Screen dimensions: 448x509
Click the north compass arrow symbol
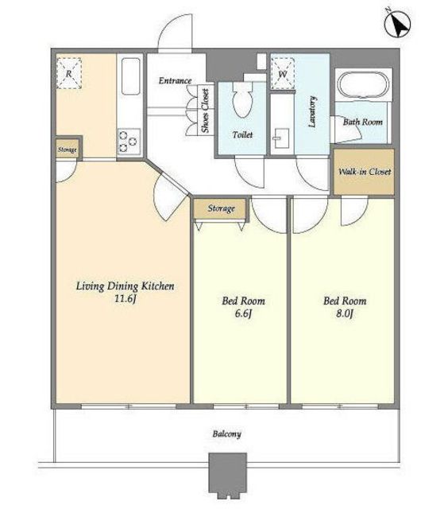tap(397, 23)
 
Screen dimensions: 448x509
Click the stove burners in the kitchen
tap(129, 142)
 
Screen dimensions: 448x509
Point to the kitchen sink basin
tap(131, 76)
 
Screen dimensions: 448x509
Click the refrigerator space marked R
tap(69, 73)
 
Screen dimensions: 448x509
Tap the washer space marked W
tap(283, 74)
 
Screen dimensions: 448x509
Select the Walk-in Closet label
tap(365, 172)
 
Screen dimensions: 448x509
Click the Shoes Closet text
tap(206, 111)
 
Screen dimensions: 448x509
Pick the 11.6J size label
tap(125, 299)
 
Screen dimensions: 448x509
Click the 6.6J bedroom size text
tap(243, 314)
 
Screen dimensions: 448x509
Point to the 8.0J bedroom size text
tap(345, 314)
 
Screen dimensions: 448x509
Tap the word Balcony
tap(227, 434)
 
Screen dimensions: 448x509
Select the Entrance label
tap(175, 80)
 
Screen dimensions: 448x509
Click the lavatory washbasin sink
tap(281, 138)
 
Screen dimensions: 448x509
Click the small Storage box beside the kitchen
tap(68, 150)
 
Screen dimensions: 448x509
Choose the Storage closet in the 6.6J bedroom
tap(221, 208)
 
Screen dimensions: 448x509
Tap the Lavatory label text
tap(312, 111)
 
